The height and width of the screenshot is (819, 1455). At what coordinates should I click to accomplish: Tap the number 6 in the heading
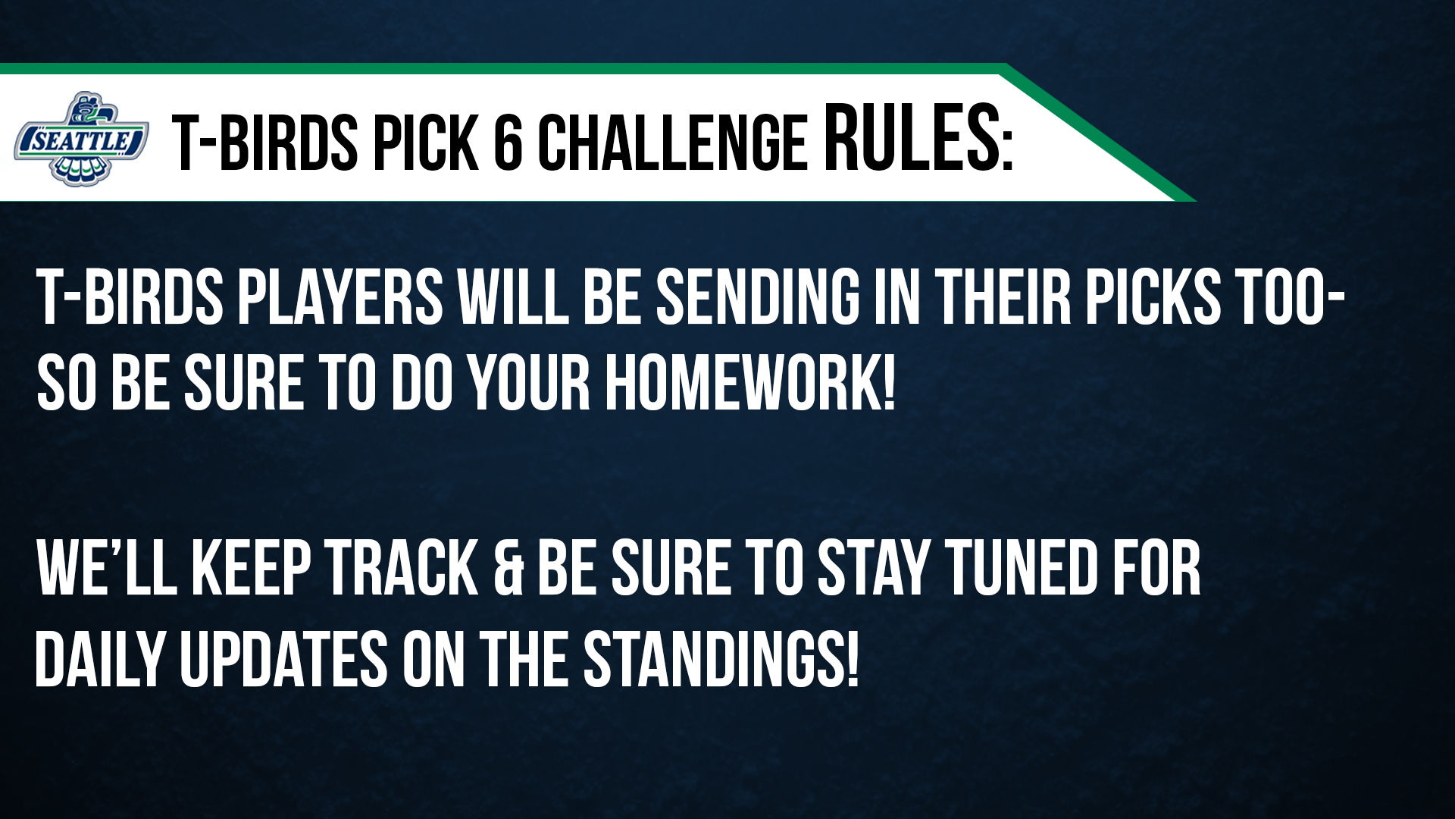pyautogui.click(x=508, y=142)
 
